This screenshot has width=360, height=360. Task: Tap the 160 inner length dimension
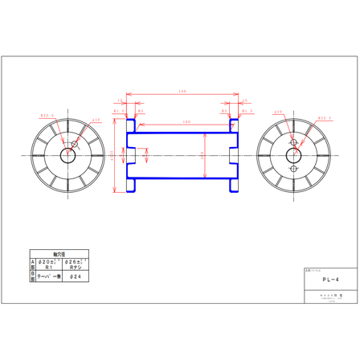tap(186, 121)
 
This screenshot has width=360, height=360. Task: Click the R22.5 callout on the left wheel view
tap(47, 114)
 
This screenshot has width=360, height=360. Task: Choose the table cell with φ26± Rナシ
tap(75, 263)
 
